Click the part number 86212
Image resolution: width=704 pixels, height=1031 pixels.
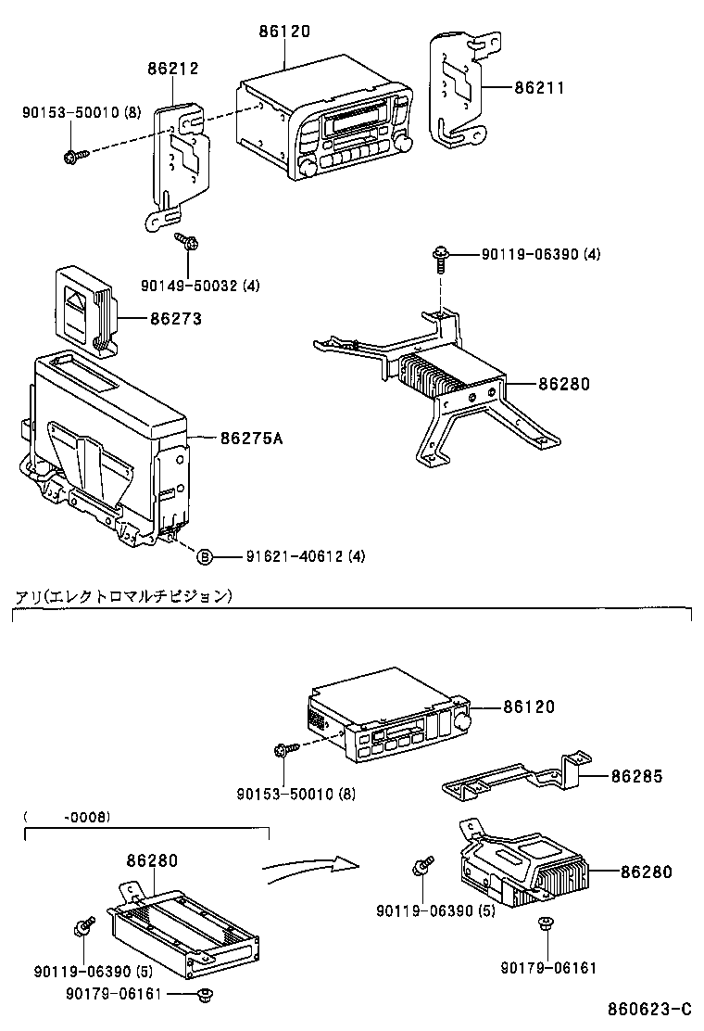[x=173, y=68]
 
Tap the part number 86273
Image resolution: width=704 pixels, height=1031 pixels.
[x=175, y=318]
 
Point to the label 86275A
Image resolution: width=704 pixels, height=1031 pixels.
[x=250, y=438]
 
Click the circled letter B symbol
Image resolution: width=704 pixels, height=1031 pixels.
[x=205, y=556]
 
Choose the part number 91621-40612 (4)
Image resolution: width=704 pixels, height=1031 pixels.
[x=306, y=556]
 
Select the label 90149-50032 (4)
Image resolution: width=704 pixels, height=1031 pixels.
[x=200, y=286]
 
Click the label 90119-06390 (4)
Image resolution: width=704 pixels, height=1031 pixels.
[x=540, y=254]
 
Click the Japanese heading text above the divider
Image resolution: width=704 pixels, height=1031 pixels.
[x=119, y=596]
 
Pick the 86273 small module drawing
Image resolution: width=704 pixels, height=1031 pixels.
[x=86, y=309]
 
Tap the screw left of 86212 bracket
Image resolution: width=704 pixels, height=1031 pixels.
[x=73, y=156]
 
